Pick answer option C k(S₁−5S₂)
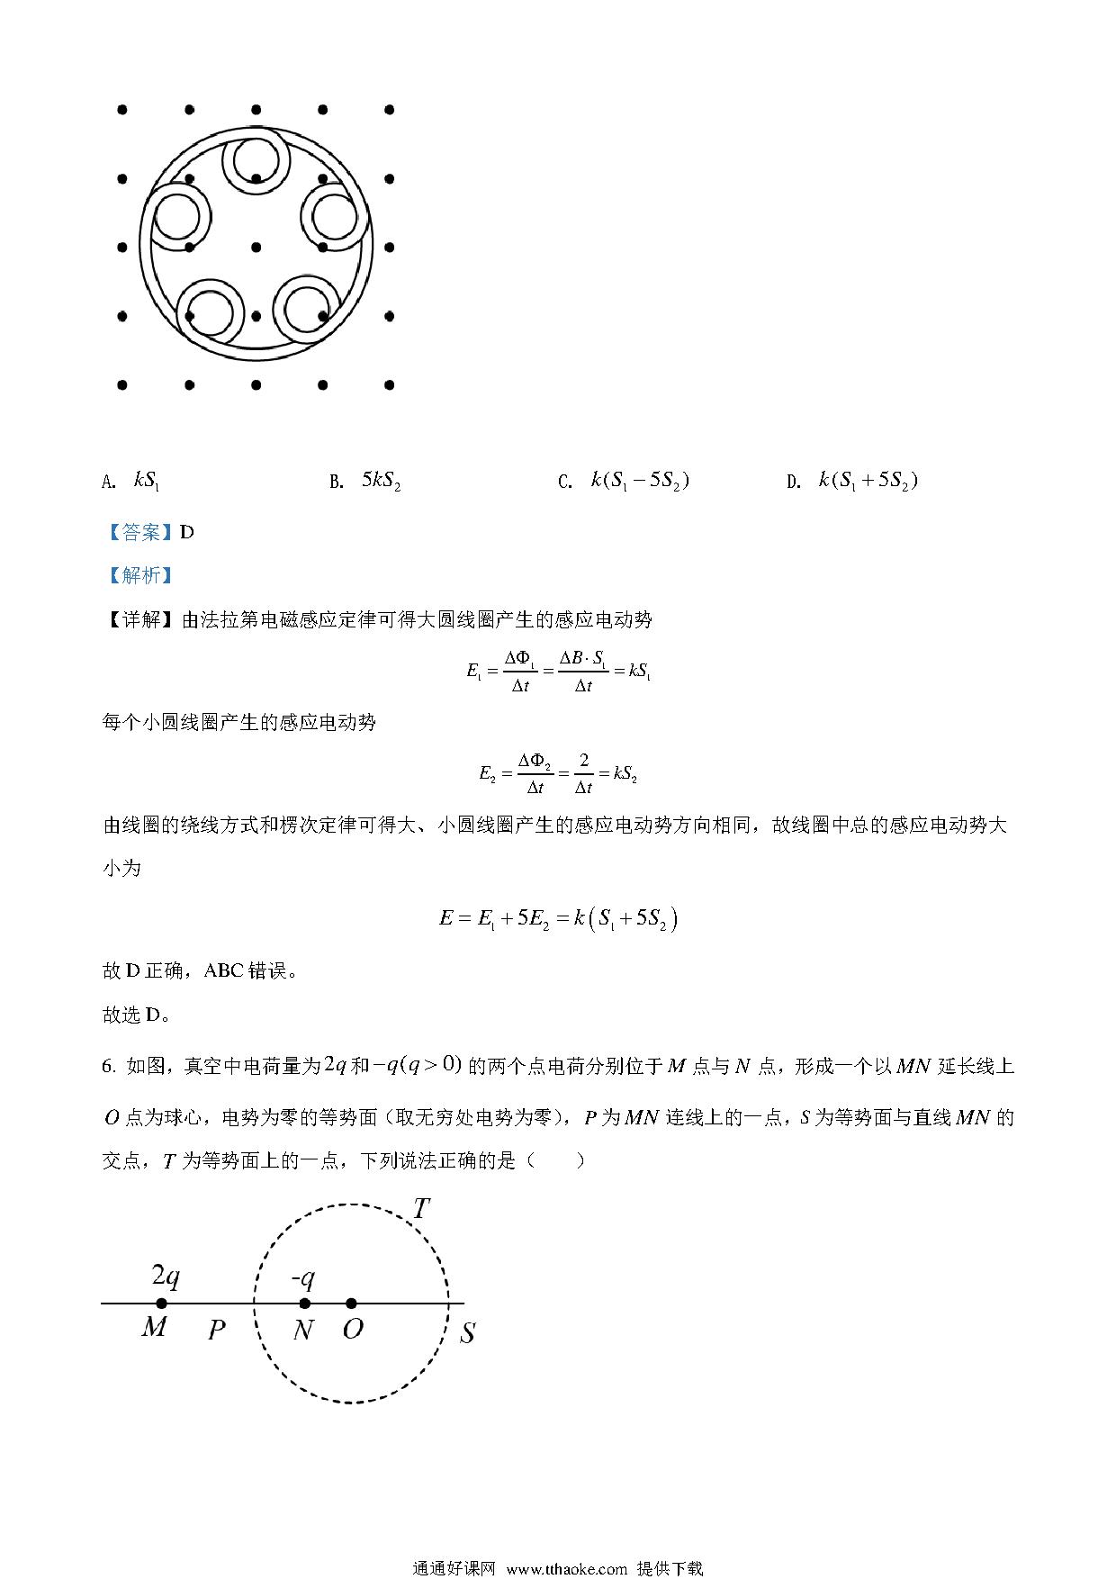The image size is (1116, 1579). [x=639, y=481]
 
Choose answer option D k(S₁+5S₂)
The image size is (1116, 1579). [x=868, y=481]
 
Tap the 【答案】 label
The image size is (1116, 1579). [x=139, y=532]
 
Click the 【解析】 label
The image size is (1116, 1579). [x=139, y=575]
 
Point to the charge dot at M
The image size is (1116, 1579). [x=161, y=1303]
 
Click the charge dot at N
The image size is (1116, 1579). [x=304, y=1303]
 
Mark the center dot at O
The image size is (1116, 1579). [x=351, y=1303]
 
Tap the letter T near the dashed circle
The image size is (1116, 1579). [x=420, y=1209]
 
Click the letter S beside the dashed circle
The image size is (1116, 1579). [x=467, y=1333]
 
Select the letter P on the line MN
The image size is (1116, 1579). [x=216, y=1330]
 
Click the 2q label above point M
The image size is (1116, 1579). [x=165, y=1276]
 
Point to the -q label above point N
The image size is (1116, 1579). [x=302, y=1277]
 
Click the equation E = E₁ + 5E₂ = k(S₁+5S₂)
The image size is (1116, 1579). [x=558, y=919]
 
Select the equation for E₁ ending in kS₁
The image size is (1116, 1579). [x=558, y=672]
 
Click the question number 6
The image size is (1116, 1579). [x=109, y=1068]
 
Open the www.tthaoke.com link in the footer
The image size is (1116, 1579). [x=566, y=1568]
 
